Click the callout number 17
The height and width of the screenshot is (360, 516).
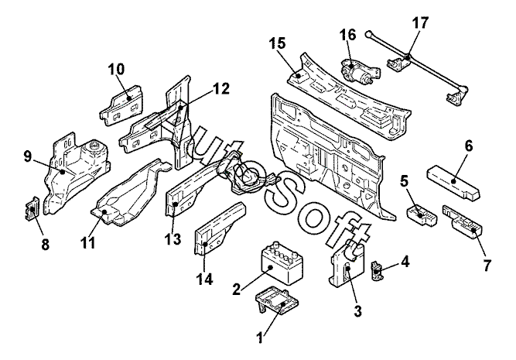420,23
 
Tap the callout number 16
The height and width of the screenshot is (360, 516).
348,35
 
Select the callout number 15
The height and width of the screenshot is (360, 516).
278,43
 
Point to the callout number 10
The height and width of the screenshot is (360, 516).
117,69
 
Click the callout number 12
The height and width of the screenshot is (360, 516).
221,89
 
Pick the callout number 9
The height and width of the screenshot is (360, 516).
27,156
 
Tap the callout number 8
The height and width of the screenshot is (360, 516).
45,245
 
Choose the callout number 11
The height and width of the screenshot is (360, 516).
87,243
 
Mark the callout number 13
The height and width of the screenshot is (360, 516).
173,238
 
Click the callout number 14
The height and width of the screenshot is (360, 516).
205,279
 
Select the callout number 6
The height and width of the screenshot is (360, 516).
468,146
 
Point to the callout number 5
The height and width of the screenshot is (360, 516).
404,181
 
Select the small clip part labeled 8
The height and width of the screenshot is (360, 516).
32,209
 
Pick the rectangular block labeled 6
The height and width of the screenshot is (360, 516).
453,183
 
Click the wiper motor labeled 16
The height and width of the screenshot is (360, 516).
360,71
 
